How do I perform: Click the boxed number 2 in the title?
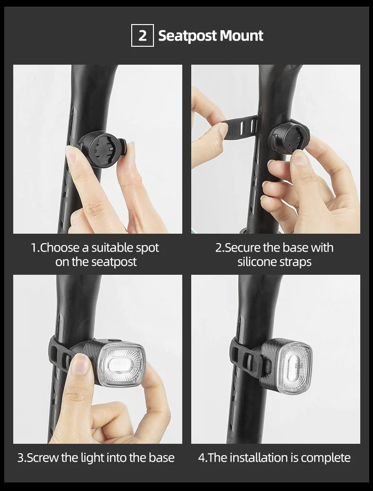[x=142, y=36]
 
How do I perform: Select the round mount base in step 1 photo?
[x=100, y=149]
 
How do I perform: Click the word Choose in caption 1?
[x=57, y=248]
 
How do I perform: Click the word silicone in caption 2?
[x=257, y=262]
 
